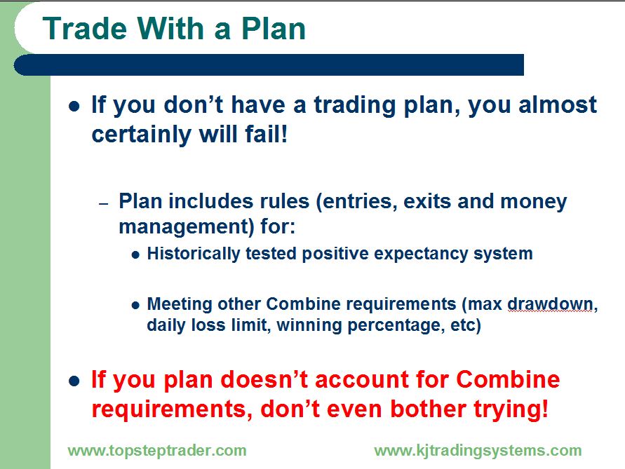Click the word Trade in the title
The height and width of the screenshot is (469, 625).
click(x=85, y=29)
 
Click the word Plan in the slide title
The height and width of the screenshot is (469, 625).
click(x=274, y=29)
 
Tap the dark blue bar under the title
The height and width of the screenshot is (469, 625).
click(x=269, y=65)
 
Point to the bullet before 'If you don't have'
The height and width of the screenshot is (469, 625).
click(x=74, y=107)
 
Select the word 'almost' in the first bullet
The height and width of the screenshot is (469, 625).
click(x=558, y=104)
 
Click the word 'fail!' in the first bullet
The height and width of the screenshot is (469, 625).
click(x=267, y=134)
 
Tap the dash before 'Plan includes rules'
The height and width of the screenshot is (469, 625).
click(x=104, y=204)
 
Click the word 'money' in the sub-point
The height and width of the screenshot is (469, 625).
click(x=533, y=202)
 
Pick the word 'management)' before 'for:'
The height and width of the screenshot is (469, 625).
click(x=187, y=226)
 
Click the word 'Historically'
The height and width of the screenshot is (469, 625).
click(x=194, y=254)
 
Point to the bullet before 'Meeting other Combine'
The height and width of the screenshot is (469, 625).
click(x=135, y=306)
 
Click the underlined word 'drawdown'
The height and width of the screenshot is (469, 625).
click(x=550, y=304)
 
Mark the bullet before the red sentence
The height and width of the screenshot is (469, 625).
click(x=74, y=381)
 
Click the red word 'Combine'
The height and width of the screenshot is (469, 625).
click(x=509, y=379)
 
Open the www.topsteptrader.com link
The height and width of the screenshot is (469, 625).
click(x=157, y=451)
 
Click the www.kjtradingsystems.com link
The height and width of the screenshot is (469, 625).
click(x=478, y=451)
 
